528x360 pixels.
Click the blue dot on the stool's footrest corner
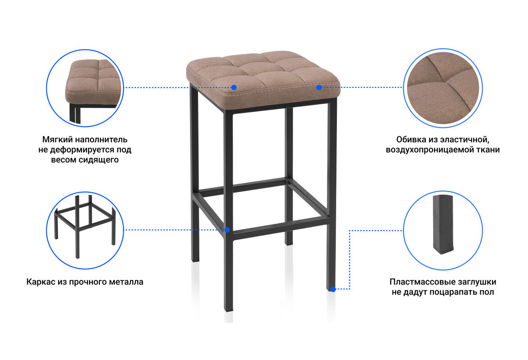[x=227, y=230]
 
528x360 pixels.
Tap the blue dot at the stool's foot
[x=333, y=289]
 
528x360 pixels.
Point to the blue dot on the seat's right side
[x=319, y=87]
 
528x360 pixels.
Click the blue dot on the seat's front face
[x=234, y=87]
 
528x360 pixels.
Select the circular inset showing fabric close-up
[x=443, y=88]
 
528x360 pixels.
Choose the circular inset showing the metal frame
[x=85, y=230]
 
